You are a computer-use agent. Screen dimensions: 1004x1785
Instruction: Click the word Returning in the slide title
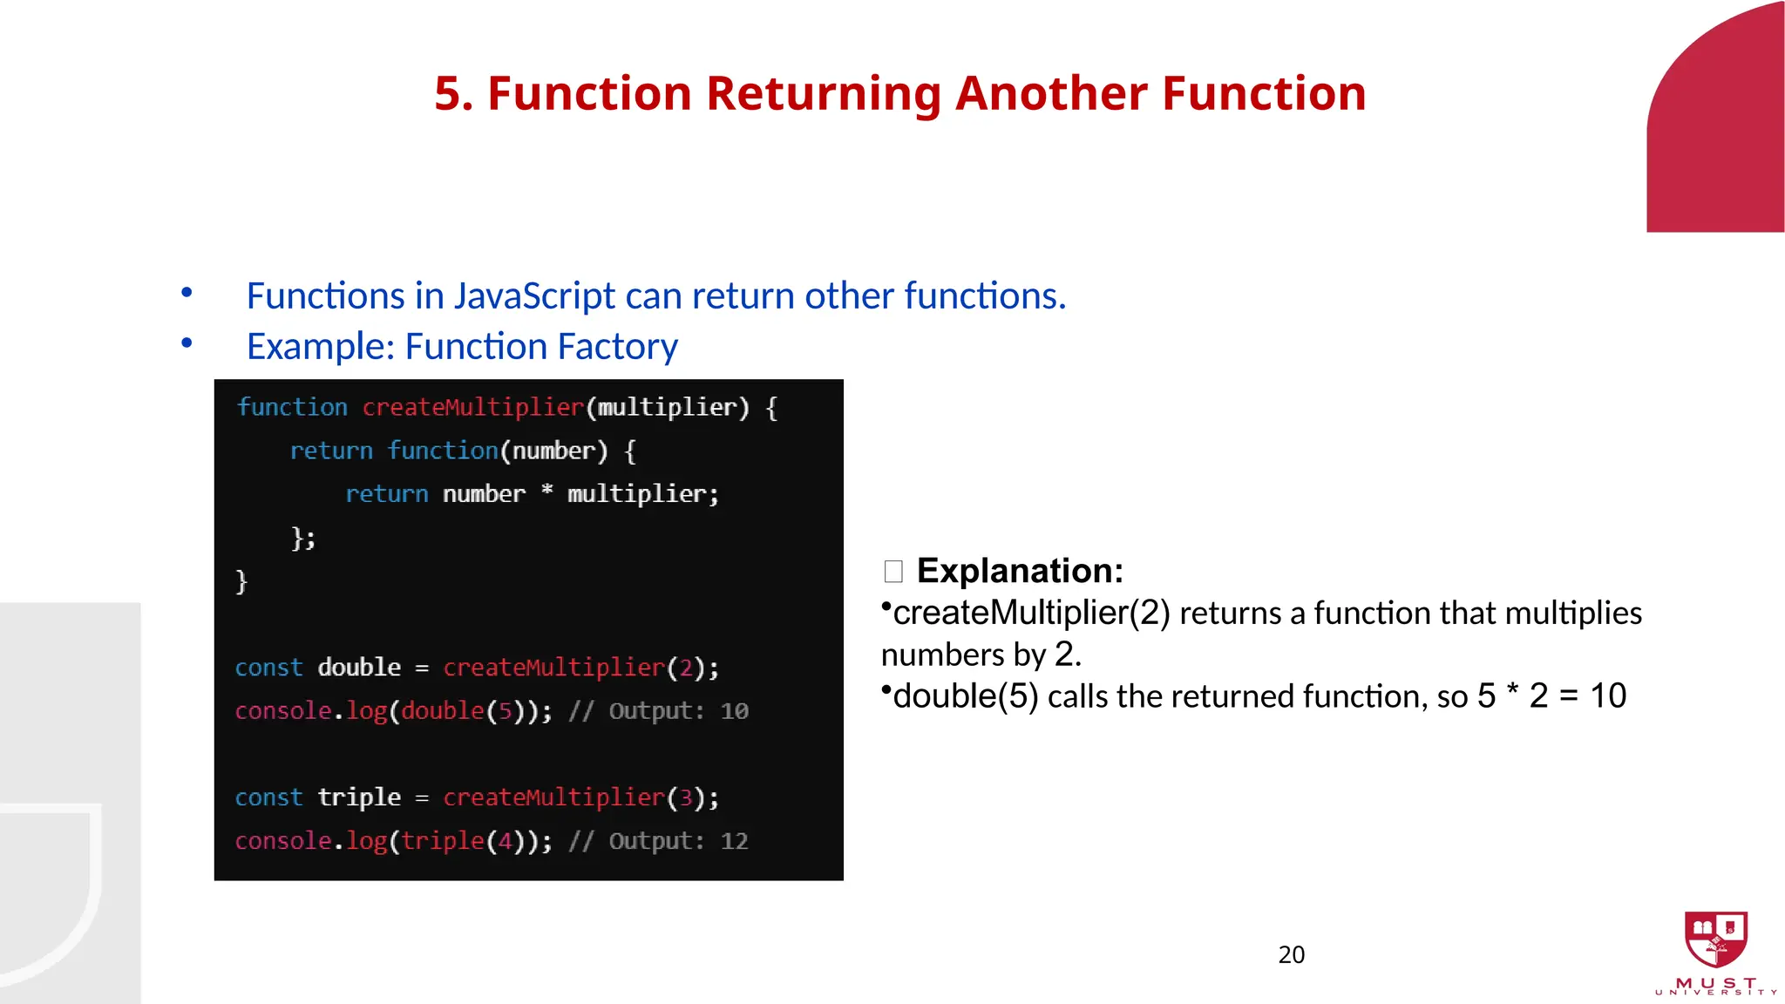click(x=824, y=94)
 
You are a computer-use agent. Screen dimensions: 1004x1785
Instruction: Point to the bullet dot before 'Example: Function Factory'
click(x=187, y=343)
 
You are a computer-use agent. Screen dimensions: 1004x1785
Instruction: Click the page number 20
click(x=1291, y=955)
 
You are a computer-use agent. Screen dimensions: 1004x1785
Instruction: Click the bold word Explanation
click(x=1020, y=571)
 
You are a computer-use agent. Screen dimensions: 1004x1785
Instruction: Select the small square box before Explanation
click(x=893, y=572)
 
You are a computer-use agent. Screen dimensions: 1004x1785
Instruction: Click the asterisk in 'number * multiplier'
click(x=546, y=492)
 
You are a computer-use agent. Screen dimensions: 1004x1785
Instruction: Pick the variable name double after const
click(x=359, y=668)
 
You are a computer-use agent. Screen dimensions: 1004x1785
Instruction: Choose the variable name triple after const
click(x=359, y=797)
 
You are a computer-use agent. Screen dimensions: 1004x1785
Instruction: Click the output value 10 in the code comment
click(x=734, y=711)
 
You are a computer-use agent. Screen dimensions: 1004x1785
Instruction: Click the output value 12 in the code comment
click(x=734, y=841)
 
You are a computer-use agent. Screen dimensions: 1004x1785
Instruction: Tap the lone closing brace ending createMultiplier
click(x=241, y=581)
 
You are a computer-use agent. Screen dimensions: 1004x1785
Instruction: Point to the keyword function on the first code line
click(x=292, y=407)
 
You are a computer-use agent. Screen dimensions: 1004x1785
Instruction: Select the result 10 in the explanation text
click(x=1607, y=695)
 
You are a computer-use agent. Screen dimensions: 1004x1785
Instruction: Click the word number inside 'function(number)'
click(x=553, y=451)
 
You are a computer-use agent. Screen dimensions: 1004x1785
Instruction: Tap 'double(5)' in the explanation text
click(x=965, y=696)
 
